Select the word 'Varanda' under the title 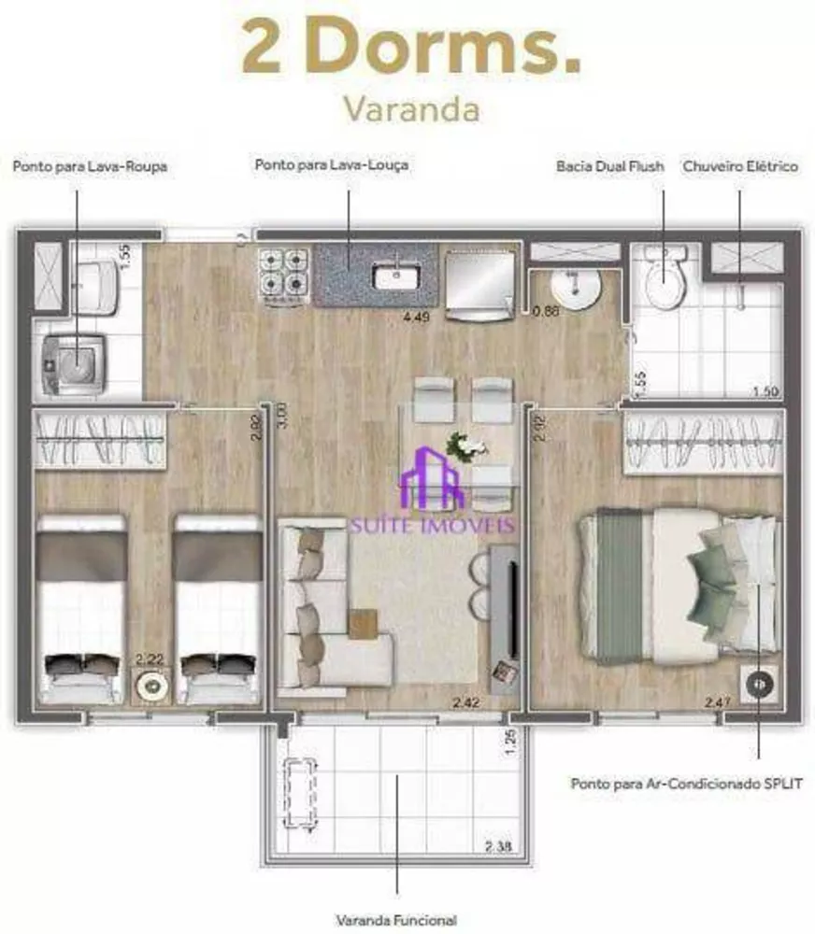[x=410, y=108]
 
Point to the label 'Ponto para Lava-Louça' [x=332, y=165]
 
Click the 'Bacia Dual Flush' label [x=609, y=166]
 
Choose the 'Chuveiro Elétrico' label [x=740, y=166]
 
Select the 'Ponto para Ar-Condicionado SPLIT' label [x=687, y=784]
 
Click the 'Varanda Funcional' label [x=397, y=919]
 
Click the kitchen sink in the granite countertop [x=393, y=275]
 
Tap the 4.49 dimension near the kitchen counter [x=415, y=316]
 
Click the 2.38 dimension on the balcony [x=497, y=848]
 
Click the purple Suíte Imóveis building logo [x=431, y=479]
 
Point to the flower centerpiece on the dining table [x=465, y=446]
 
